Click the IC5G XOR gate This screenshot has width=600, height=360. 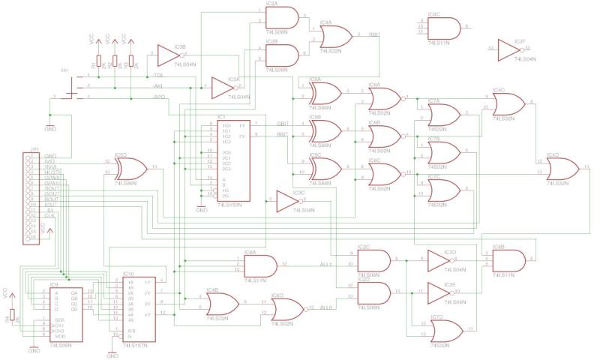(130, 169)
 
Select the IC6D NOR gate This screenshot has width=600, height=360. (286, 308)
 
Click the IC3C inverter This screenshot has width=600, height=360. (288, 202)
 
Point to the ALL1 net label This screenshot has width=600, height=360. (325, 263)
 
